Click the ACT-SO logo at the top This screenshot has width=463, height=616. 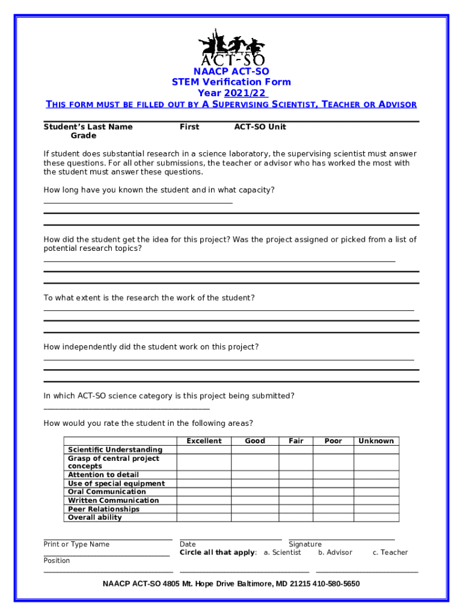[x=231, y=47]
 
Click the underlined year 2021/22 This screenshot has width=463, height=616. [x=245, y=93]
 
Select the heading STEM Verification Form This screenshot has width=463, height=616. [x=231, y=82]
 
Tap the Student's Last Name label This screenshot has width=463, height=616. [x=88, y=127]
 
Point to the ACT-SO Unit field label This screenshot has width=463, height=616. [x=260, y=127]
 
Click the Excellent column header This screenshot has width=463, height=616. [x=204, y=441]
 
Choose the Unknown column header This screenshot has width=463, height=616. [x=376, y=441]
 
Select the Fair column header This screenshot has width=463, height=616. [x=296, y=441]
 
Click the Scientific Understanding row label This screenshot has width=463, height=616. [x=115, y=449]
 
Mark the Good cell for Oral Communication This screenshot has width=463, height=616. [x=255, y=491]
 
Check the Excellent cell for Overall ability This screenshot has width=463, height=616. [x=204, y=517]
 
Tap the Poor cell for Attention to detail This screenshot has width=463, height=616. [x=333, y=475]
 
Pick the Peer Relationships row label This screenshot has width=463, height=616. [x=103, y=509]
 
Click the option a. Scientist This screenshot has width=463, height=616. [x=283, y=552]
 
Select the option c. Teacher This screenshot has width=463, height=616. [x=390, y=552]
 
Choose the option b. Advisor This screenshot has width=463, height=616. [x=336, y=552]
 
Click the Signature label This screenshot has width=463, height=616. [x=305, y=544]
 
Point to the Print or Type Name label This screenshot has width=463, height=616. [x=76, y=544]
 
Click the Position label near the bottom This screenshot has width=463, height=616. [x=57, y=561]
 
